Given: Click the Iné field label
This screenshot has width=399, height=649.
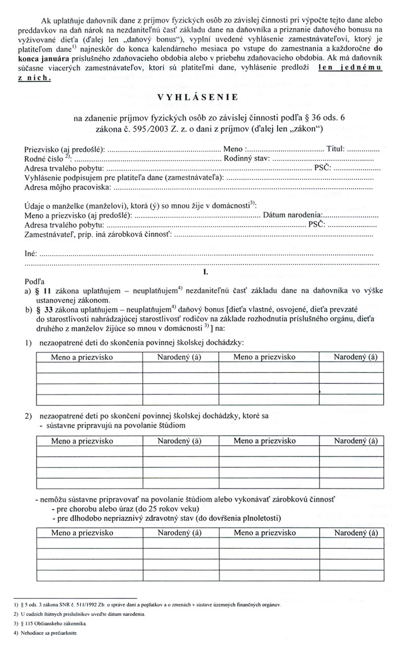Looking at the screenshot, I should point(31,253).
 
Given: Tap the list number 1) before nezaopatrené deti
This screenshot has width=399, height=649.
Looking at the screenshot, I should point(27,342).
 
